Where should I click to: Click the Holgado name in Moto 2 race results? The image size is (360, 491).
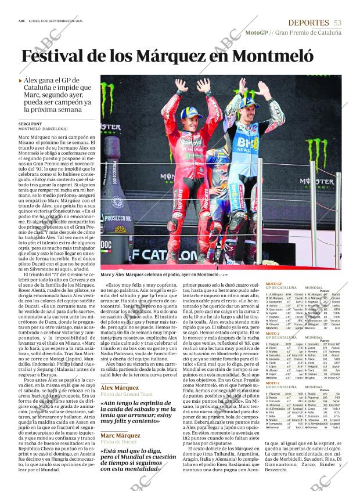275,345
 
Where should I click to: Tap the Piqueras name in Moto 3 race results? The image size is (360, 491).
276,394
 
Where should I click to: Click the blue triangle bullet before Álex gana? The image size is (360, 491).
21,81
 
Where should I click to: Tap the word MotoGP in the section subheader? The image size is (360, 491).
256,33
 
